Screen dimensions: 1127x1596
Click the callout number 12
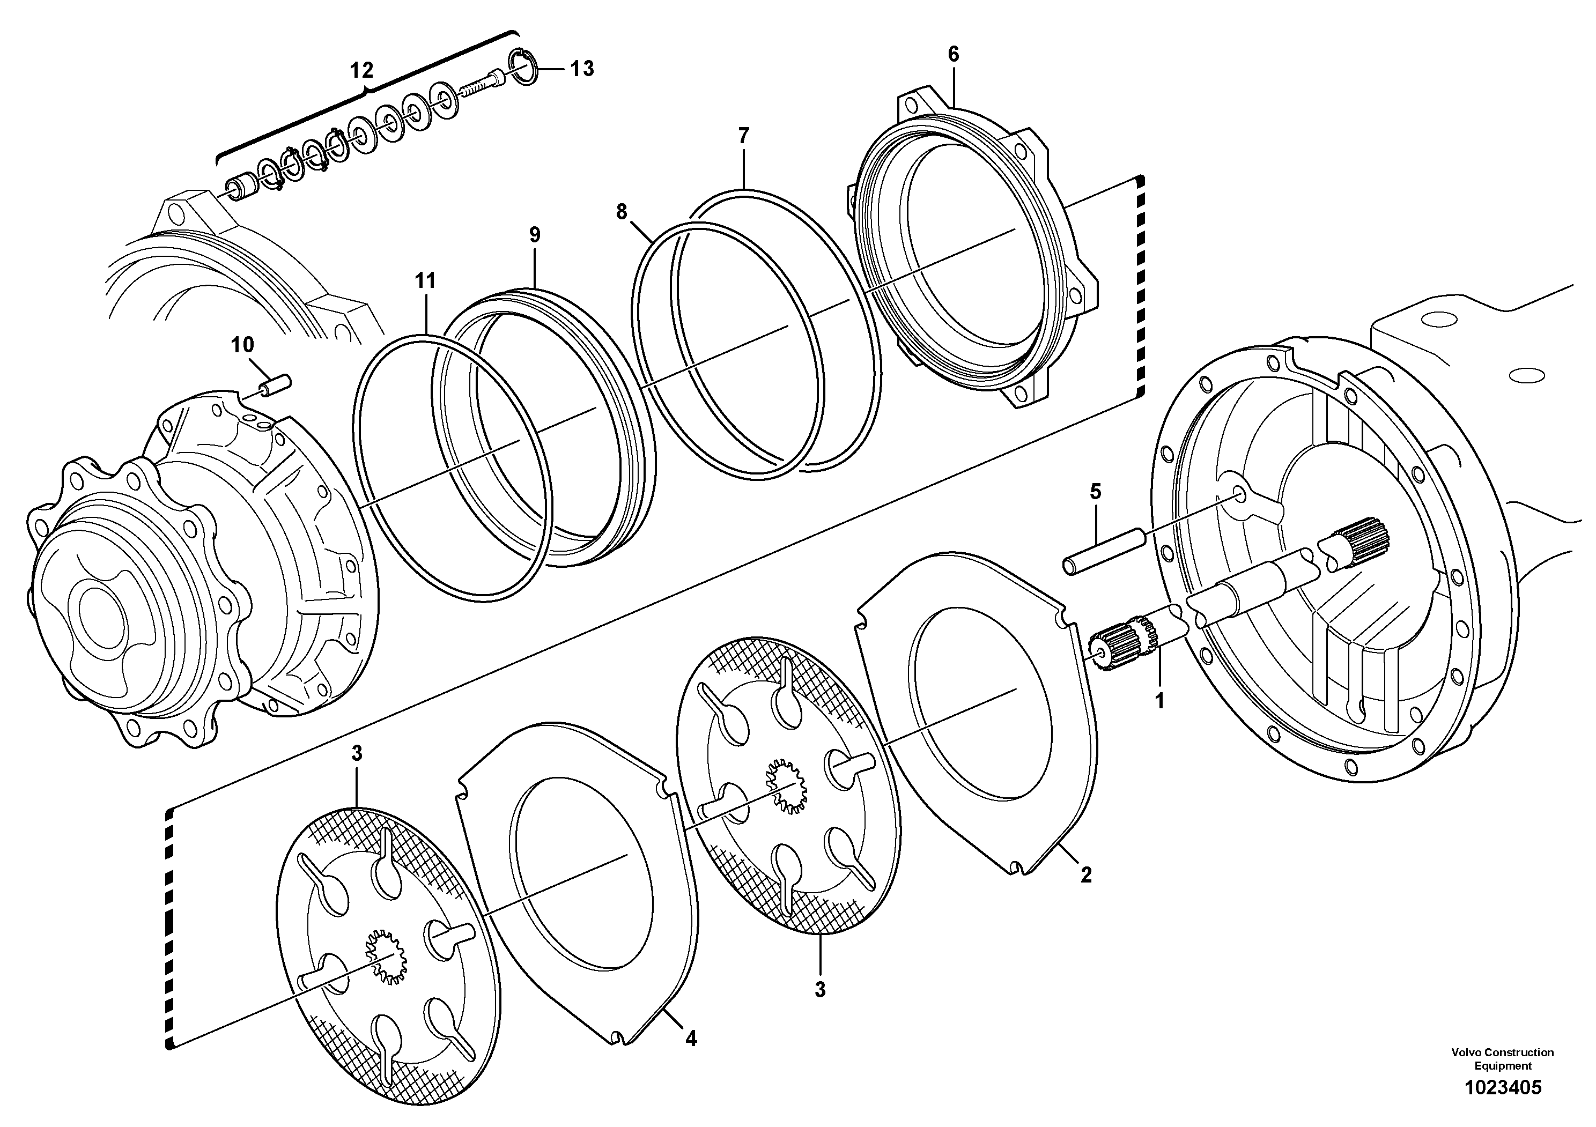click(361, 70)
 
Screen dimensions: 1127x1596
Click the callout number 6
click(953, 54)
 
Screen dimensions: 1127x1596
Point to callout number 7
click(744, 136)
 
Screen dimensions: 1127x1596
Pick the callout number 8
click(622, 211)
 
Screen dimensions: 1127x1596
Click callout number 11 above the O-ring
click(425, 281)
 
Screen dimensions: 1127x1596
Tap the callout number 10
click(242, 345)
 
